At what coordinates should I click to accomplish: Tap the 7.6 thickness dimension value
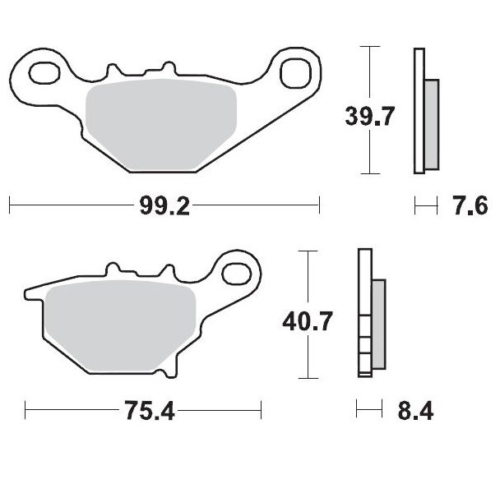click(470, 206)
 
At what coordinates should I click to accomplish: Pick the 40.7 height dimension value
click(307, 321)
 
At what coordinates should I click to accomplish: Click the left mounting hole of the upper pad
click(42, 73)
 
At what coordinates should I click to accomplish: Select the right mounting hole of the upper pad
click(293, 72)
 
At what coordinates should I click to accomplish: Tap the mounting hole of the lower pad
click(238, 272)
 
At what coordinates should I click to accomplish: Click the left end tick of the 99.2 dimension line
click(9, 205)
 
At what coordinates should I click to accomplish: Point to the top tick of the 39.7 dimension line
click(371, 47)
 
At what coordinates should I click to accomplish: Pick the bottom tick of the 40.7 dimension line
click(307, 378)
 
